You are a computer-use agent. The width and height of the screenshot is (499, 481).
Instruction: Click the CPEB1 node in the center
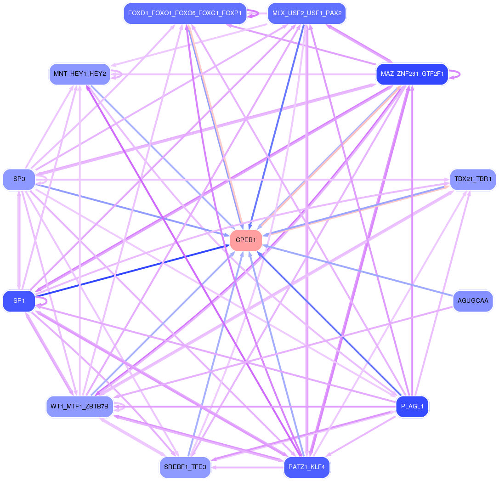(246, 240)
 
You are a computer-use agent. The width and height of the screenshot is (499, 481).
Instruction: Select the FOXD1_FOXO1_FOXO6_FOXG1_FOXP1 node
(185, 13)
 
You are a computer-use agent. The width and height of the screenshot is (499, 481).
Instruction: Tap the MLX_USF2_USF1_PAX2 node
(306, 13)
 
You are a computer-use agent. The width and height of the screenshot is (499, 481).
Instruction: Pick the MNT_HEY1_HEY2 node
(79, 74)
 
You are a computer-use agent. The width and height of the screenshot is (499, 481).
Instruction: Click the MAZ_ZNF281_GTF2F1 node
(412, 74)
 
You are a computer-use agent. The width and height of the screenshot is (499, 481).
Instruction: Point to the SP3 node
(19, 179)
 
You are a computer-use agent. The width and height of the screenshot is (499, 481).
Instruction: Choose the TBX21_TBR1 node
(472, 179)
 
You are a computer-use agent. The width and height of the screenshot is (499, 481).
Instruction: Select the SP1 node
(19, 301)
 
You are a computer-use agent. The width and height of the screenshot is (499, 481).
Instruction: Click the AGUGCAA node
(472, 301)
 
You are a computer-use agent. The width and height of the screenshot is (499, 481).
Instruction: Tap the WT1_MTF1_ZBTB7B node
(79, 407)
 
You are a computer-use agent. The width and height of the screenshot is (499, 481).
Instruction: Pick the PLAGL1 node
(412, 407)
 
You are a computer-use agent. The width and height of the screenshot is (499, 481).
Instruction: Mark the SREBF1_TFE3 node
(185, 467)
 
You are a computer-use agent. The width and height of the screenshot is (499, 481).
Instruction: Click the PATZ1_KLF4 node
(306, 467)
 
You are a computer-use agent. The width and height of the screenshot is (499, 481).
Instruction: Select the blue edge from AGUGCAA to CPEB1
(358, 271)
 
